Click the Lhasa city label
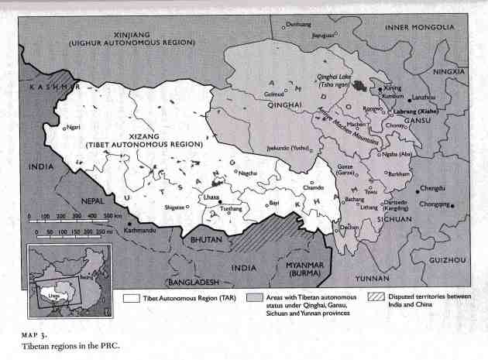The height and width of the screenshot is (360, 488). (x=210, y=197)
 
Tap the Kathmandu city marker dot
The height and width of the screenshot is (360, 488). (x=129, y=224)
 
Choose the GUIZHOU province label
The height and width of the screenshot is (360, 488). (x=445, y=261)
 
